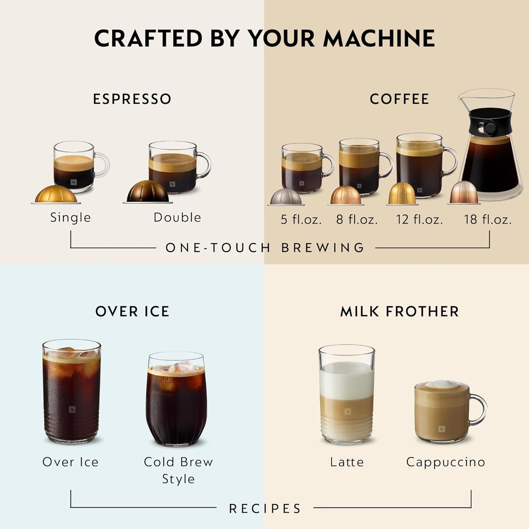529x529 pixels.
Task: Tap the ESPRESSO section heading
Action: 132,99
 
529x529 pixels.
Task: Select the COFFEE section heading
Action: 399,99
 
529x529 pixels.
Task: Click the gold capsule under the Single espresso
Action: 56,194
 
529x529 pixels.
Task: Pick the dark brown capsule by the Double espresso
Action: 148,192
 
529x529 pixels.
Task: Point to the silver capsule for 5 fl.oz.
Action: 286,197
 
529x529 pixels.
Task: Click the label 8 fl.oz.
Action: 357,219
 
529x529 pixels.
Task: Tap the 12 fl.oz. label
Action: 420,219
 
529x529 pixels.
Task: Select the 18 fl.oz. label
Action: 488,219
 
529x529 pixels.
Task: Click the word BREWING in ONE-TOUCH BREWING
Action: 323,248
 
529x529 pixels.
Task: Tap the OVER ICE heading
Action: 132,312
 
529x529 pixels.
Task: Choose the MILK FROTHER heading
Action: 399,312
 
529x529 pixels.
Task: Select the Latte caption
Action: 347,462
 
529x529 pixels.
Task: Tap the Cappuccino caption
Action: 446,462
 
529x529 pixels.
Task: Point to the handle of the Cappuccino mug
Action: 479,409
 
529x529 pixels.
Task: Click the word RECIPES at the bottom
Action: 265,508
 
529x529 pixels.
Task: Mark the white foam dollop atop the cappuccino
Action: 442,384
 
